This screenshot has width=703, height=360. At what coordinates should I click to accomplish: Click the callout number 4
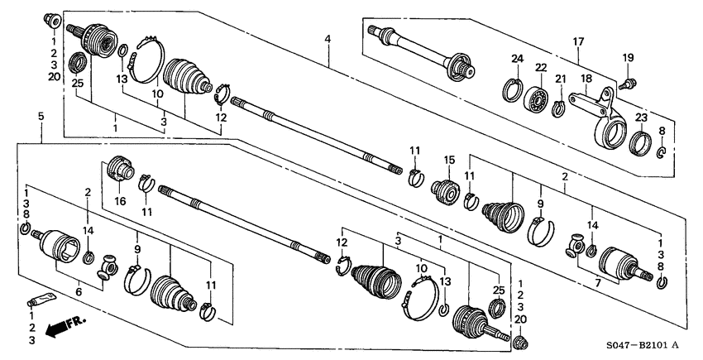coord(328,39)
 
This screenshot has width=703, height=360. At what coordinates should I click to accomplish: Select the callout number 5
coord(41,118)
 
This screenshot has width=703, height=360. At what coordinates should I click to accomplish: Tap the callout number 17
coord(578,41)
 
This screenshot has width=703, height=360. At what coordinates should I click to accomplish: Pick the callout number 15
coord(450,160)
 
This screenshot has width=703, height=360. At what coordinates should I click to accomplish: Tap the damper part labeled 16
coord(122,172)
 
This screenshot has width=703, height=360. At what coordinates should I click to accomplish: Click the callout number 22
coord(541,68)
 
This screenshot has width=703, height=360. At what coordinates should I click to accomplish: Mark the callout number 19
coord(628,58)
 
